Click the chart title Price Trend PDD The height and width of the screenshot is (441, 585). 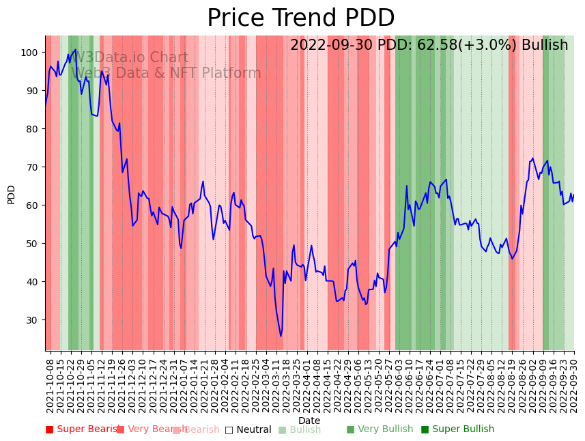[x=300, y=18]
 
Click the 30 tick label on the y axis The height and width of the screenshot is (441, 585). [x=31, y=319]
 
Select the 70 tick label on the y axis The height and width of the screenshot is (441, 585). [x=31, y=167]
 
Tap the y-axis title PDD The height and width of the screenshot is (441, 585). [x=12, y=194]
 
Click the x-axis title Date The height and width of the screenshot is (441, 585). [x=309, y=421]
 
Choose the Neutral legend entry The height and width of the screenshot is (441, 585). [x=248, y=429]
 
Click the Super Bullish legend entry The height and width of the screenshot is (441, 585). [x=457, y=429]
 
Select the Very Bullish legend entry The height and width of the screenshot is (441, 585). [x=380, y=429]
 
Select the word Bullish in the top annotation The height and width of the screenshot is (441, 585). [x=545, y=45]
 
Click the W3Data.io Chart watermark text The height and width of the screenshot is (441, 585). [x=130, y=57]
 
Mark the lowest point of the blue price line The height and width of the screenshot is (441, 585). [x=281, y=336]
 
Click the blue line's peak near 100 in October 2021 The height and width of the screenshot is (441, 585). [x=75, y=50]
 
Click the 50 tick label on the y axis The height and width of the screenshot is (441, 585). [x=31, y=243]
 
